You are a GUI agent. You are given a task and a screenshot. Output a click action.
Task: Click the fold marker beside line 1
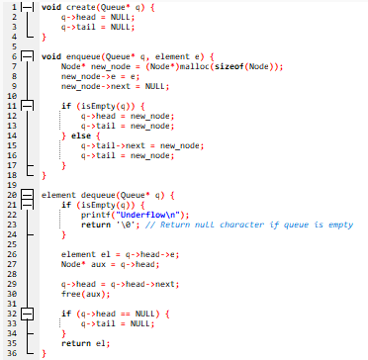tap(27, 8)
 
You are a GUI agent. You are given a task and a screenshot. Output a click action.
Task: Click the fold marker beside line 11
tap(27, 103)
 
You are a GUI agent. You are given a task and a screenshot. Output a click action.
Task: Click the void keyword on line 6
tap(50, 56)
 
